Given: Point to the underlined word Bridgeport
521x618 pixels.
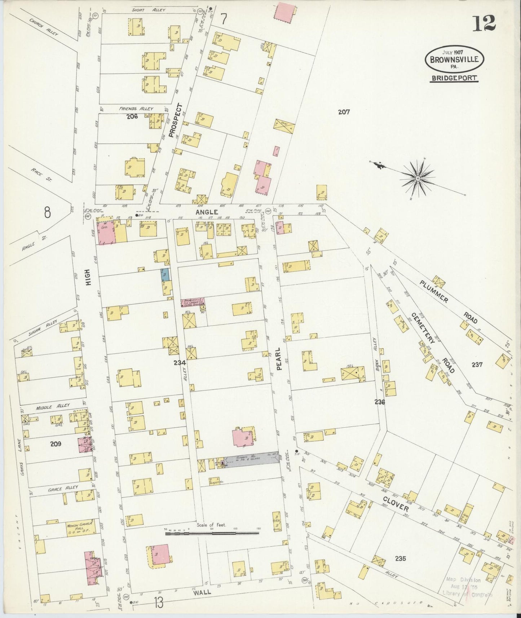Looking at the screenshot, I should tap(454, 78).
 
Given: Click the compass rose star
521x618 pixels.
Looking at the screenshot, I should tap(417, 178).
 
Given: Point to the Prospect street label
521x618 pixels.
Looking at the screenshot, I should tap(176, 120).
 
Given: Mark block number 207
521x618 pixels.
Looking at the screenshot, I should tap(344, 112).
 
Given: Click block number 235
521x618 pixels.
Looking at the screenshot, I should tap(400, 559).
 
